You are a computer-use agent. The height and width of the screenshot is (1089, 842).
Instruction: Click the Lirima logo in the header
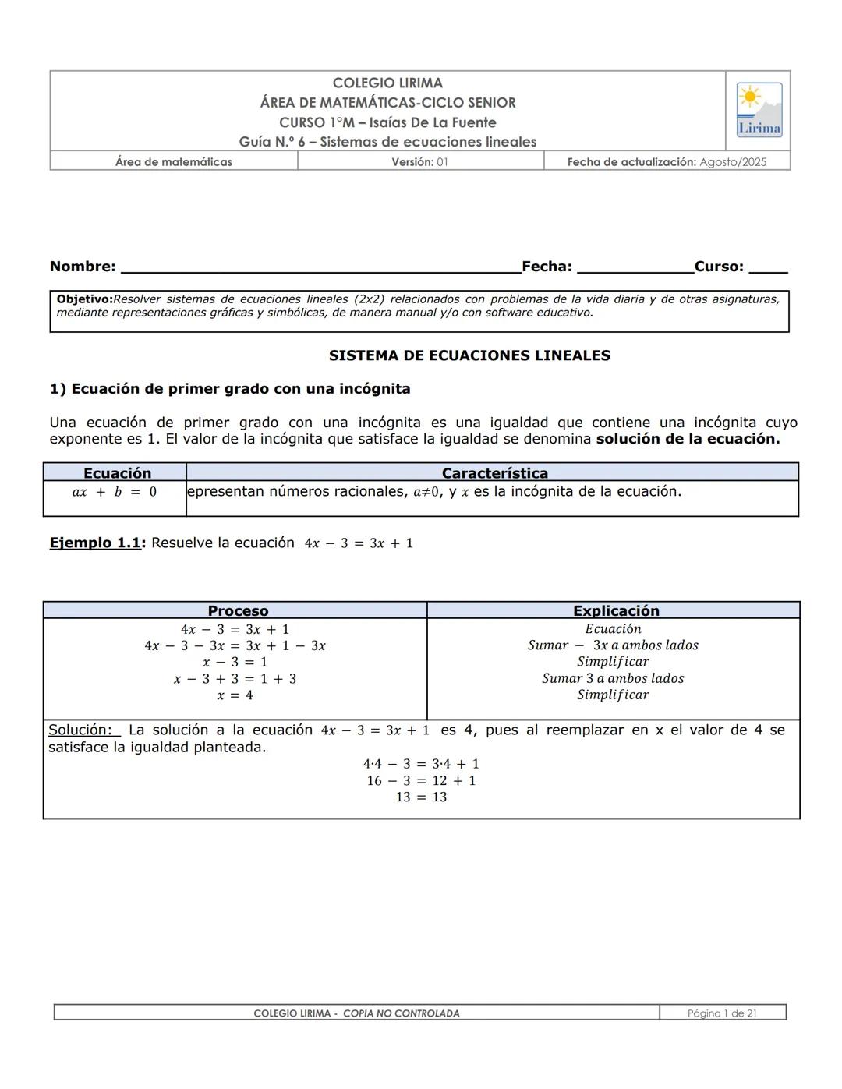pos(759,110)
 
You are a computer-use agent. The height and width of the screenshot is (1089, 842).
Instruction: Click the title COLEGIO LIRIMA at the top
pos(387,83)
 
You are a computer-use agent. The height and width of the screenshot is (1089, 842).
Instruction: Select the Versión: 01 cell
pos(419,162)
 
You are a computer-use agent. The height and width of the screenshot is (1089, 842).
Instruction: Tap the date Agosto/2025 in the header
pos(733,162)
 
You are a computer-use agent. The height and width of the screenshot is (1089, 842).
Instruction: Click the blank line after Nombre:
pos(320,267)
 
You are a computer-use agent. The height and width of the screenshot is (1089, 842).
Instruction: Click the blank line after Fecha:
pos(635,267)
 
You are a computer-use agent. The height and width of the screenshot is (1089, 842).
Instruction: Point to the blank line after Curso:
pos(768,267)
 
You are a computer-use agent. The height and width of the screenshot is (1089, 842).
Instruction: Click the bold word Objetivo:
pos(84,299)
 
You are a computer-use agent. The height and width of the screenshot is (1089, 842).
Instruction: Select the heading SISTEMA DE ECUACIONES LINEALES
pos(469,355)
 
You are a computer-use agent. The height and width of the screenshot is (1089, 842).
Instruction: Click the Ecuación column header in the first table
pos(117,473)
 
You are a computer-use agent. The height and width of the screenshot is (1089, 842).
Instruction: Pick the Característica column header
pos(494,473)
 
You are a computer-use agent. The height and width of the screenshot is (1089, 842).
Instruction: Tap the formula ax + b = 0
pos(115,492)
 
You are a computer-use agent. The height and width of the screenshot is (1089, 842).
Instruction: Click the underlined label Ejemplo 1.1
pos(94,543)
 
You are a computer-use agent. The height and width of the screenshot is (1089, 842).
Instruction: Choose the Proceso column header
pos(238,611)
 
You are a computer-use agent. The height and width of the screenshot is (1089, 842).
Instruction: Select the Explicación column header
pos(616,611)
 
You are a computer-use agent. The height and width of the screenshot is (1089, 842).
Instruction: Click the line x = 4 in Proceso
pos(235,695)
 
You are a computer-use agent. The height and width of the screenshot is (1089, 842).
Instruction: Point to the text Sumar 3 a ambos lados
pos(613,678)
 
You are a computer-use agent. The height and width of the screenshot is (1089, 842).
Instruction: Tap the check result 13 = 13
pos(421,797)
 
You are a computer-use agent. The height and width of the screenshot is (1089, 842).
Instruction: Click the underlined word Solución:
pos(82,730)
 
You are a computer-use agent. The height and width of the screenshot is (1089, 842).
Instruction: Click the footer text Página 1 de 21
pos(722,1013)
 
